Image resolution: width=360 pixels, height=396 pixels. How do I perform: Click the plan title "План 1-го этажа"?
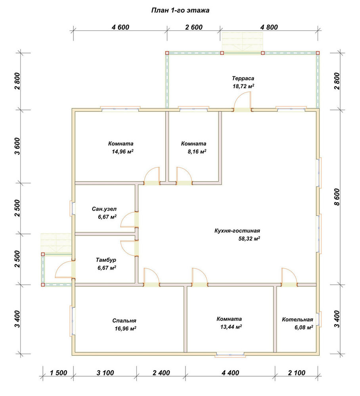click(x=180, y=10)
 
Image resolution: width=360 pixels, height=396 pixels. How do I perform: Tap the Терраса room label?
click(x=243, y=78)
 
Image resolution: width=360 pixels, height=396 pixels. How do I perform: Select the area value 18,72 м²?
click(x=243, y=86)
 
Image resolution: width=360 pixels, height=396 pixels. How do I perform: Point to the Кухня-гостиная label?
click(x=237, y=230)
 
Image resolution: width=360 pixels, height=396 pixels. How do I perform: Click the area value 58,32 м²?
click(x=249, y=238)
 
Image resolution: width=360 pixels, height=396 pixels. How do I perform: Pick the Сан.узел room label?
click(x=104, y=209)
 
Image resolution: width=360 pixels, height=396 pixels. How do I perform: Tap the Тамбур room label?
click(x=106, y=260)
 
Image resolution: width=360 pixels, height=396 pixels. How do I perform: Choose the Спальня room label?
click(x=124, y=321)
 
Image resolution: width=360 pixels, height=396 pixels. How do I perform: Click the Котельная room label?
click(x=298, y=320)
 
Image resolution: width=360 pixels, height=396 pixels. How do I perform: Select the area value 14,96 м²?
click(x=123, y=152)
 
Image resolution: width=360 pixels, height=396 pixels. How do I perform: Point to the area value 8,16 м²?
click(x=197, y=152)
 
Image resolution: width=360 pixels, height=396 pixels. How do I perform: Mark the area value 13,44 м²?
click(x=231, y=327)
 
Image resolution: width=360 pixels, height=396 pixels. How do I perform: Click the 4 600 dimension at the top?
click(x=121, y=27)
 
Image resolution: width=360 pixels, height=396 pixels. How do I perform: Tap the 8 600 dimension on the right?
click(x=337, y=197)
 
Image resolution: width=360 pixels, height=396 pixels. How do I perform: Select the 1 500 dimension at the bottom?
click(x=58, y=373)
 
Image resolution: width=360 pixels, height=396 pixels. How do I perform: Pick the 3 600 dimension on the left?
click(x=17, y=146)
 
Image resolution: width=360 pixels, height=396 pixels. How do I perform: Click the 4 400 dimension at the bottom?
click(x=230, y=373)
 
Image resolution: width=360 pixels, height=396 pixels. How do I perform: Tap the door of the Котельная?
click(x=289, y=277)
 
